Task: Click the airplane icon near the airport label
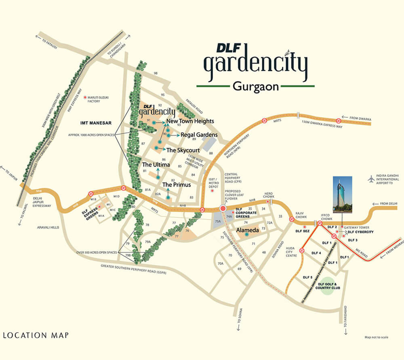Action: [372, 179]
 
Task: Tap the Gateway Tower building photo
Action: [343, 195]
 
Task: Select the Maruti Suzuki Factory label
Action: [96, 100]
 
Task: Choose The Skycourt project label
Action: [183, 150]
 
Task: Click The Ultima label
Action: [156, 165]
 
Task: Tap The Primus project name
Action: [176, 185]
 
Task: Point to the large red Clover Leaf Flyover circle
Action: [223, 208]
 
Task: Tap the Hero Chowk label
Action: [269, 195]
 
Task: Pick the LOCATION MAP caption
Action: [36, 335]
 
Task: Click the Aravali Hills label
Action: [47, 228]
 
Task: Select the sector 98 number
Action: [156, 73]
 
